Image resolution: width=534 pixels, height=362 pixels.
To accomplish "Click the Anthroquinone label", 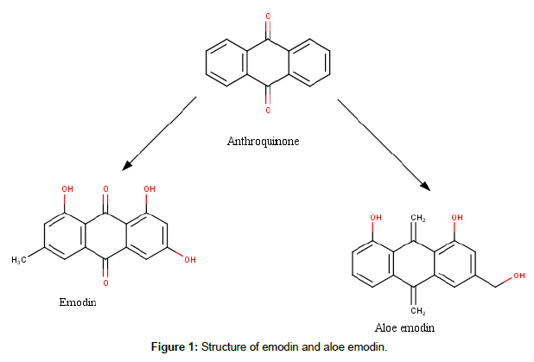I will [263, 141].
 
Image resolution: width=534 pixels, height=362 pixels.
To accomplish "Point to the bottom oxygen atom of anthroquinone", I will [268, 110].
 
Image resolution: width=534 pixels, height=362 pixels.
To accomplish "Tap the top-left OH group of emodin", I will [67, 188].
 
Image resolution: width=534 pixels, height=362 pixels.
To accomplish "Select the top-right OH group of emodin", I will [149, 188].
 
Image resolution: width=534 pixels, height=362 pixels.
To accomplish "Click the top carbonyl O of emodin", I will [105, 188].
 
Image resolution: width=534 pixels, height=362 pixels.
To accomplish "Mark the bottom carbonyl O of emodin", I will [105, 283].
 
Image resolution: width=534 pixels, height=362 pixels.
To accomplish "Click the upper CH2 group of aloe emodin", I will [417, 218].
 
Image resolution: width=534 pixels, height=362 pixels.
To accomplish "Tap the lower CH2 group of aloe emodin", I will [417, 310].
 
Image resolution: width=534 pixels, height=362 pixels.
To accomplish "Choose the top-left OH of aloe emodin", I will [377, 218].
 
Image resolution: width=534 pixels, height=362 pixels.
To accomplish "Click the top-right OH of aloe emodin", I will [457, 218].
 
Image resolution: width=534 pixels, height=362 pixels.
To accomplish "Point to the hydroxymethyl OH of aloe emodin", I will [518, 276].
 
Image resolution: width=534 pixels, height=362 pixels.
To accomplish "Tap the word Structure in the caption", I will [223, 347].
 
